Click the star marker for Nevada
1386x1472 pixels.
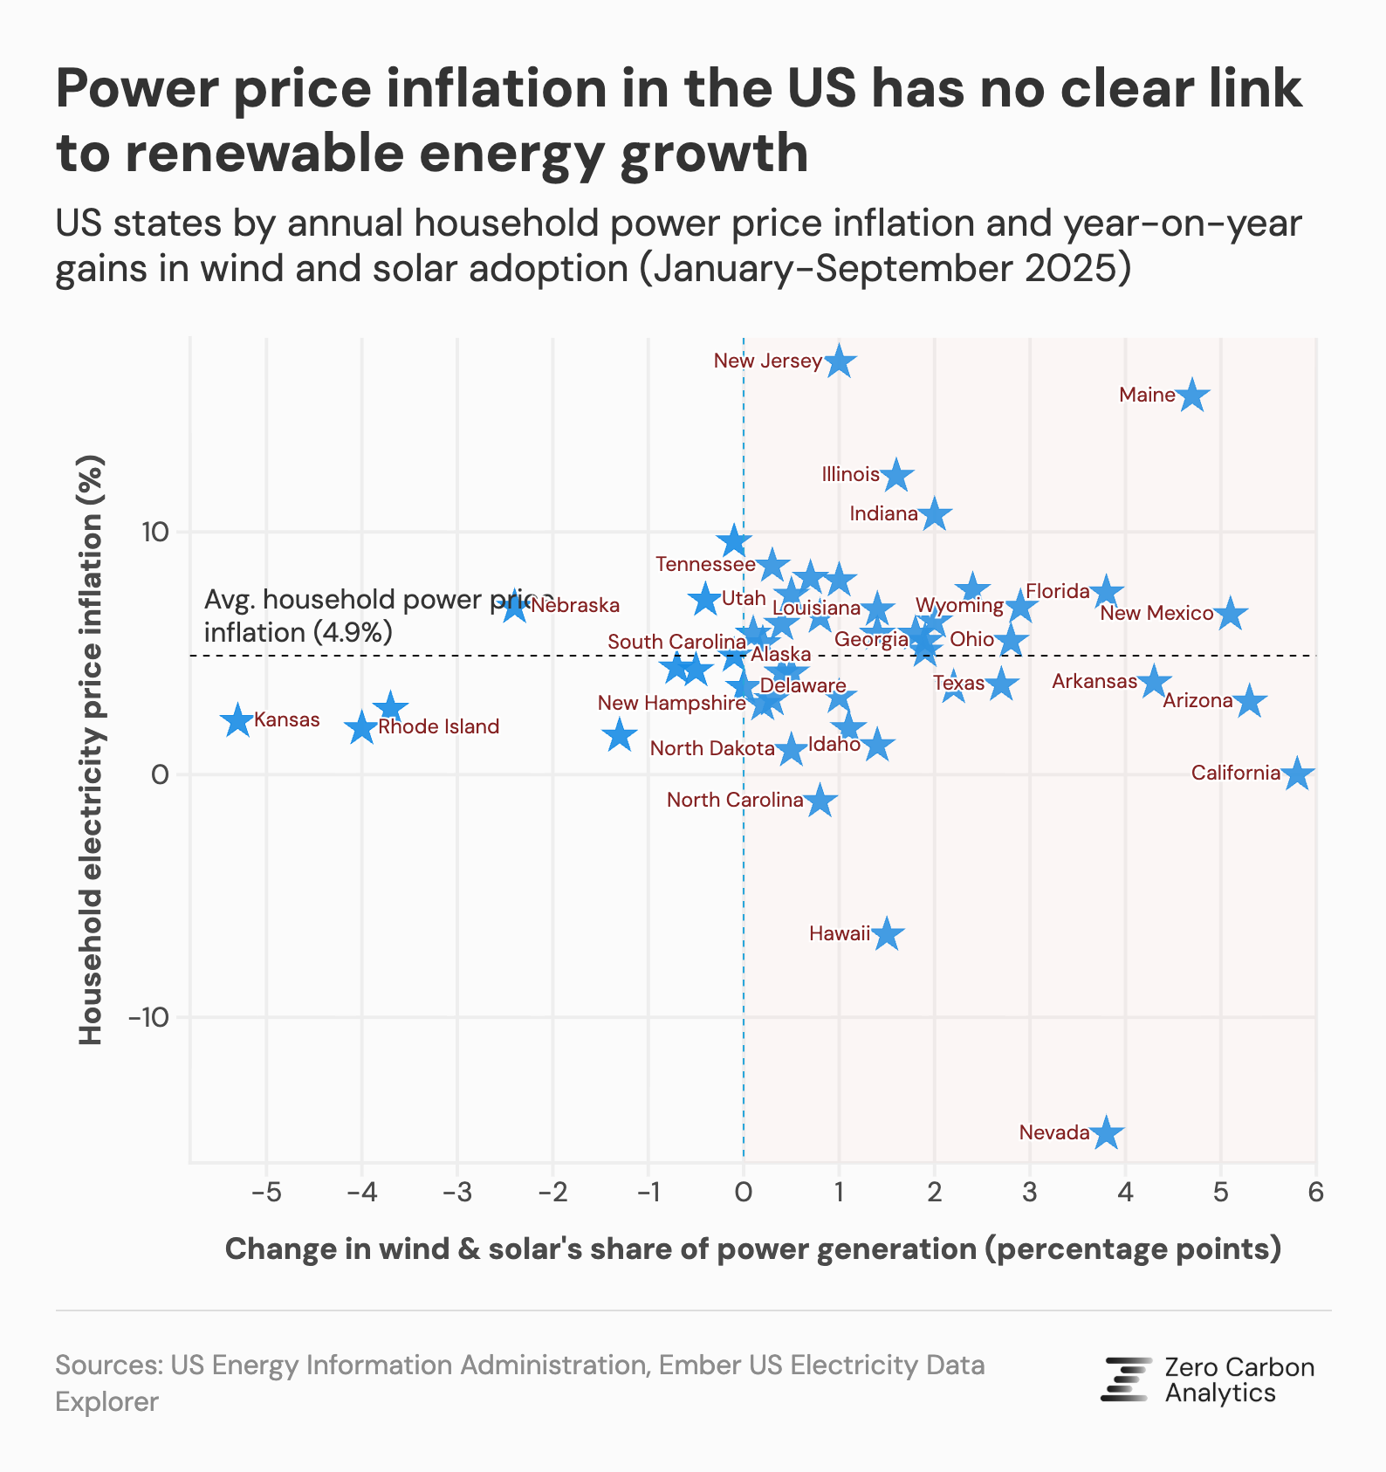pos(1107,1132)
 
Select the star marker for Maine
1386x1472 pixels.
pos(1193,396)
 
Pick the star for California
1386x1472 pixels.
pos(1297,774)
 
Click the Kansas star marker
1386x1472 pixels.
pos(237,721)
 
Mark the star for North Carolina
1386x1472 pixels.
pos(820,801)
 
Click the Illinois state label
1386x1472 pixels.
pos(851,474)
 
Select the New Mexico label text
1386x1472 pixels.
pos(1156,613)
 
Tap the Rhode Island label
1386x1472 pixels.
pos(438,726)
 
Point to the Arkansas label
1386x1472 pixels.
pos(1094,681)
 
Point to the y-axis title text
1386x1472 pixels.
pos(91,751)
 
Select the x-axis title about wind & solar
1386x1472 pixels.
pos(752,1248)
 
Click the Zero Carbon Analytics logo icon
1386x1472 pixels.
pos(1126,1379)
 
